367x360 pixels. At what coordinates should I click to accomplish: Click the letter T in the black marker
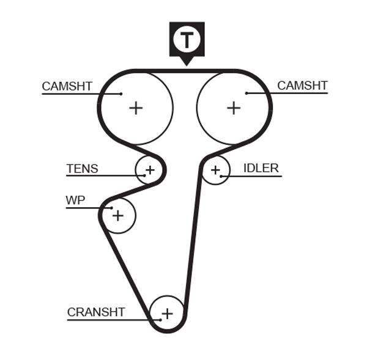(x=187, y=39)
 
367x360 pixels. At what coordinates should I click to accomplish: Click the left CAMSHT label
(x=67, y=86)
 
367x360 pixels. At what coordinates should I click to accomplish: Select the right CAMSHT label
(x=302, y=86)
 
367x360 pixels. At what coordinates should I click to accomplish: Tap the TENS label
(x=82, y=169)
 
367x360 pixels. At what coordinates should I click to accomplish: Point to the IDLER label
(x=261, y=168)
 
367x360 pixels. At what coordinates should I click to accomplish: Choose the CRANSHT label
(x=96, y=312)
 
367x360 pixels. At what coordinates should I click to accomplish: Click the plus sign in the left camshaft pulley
(x=136, y=108)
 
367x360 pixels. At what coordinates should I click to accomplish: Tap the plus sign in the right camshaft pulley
(x=234, y=108)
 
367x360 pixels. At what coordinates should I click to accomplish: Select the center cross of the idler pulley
(x=215, y=169)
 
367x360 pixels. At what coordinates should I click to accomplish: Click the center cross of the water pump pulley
(x=118, y=215)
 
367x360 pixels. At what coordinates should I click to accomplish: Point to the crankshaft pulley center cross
(x=167, y=313)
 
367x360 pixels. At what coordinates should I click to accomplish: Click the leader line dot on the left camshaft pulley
(x=121, y=94)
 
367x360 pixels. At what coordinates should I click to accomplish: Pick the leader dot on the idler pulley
(x=221, y=177)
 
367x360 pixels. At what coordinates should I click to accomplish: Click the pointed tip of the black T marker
(x=187, y=65)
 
